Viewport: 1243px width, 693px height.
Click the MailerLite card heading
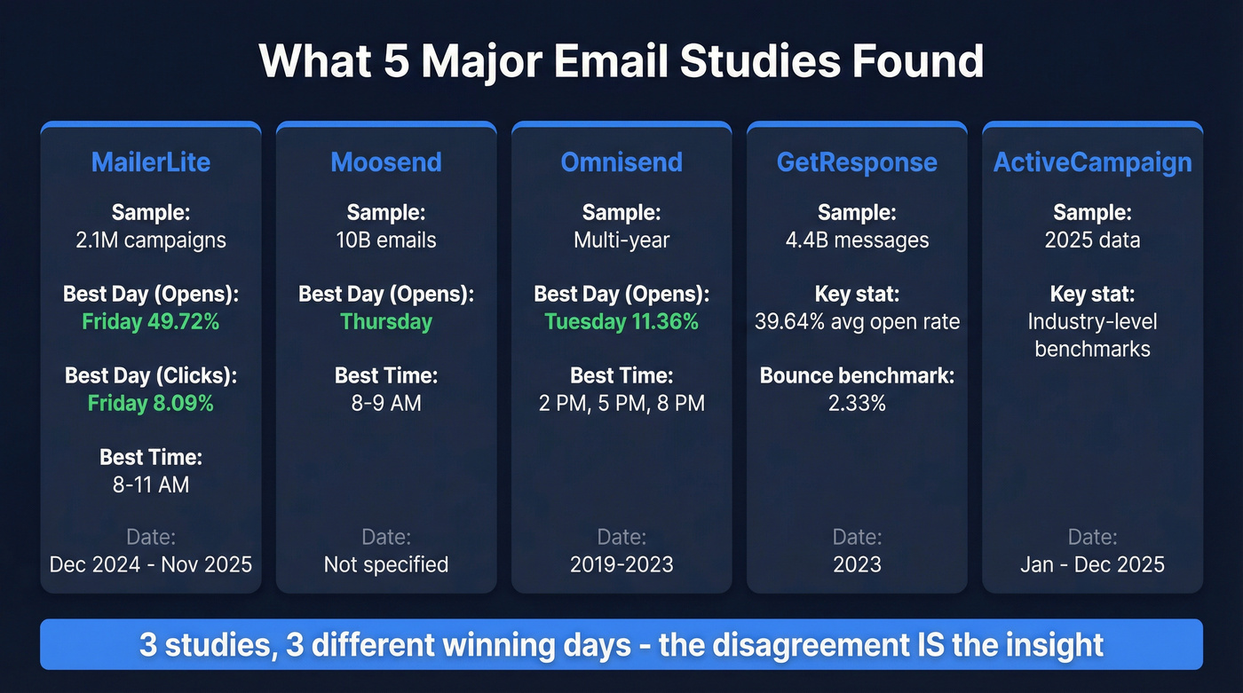click(151, 162)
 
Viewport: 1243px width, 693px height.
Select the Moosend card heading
click(386, 162)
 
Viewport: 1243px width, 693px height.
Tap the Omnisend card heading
click(621, 162)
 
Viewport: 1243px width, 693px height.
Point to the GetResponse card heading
click(857, 162)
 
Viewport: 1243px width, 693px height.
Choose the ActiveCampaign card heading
click(1092, 162)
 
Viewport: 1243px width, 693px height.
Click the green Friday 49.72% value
click(151, 321)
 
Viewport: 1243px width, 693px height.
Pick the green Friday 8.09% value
click(151, 403)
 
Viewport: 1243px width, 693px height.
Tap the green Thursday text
click(386, 321)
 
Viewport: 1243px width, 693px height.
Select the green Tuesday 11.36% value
click(621, 321)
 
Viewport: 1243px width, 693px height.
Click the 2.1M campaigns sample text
click(151, 240)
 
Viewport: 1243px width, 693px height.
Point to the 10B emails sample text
click(386, 240)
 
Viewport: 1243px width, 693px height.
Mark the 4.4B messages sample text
click(857, 240)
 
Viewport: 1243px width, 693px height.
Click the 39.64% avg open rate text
click(857, 321)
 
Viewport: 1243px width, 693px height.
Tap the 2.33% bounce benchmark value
click(857, 403)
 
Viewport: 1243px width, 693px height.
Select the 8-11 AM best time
click(151, 484)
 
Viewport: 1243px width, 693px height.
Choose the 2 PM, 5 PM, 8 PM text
click(621, 403)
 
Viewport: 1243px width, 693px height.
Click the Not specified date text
click(386, 564)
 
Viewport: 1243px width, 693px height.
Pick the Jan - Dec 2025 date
click(1092, 564)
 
